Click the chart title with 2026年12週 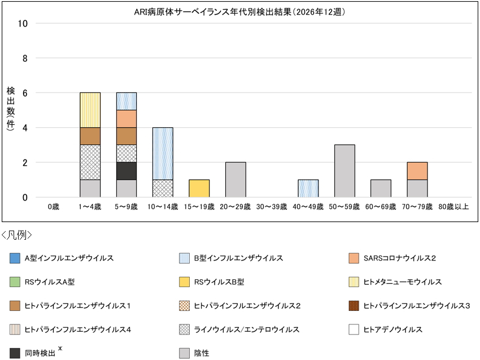(239, 11)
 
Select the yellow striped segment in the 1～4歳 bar (90, 110)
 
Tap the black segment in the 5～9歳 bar (126, 171)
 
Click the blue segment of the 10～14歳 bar (163, 154)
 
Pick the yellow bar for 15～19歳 (199, 189)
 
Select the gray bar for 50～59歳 (344, 171)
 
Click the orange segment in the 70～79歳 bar (417, 171)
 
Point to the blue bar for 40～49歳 (308, 189)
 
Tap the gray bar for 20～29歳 (235, 180)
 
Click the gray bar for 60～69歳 (381, 189)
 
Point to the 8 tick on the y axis (24, 58)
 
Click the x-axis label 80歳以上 (454, 207)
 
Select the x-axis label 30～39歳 (272, 207)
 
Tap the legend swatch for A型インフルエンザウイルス (15, 258)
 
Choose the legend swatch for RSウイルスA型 (15, 282)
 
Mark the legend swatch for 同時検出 (15, 353)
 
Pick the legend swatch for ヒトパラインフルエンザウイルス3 (354, 306)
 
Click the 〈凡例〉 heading (17, 235)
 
